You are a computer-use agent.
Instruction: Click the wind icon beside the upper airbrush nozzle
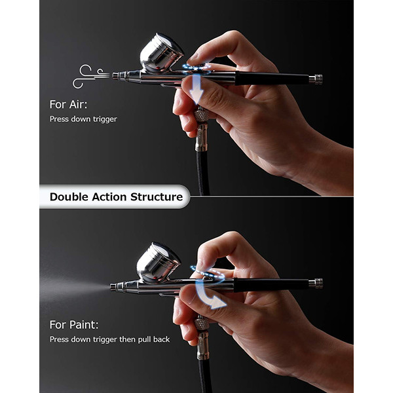pos(91,76)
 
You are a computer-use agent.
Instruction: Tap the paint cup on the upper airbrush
pos(161,53)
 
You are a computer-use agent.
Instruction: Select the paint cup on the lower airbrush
pos(158,262)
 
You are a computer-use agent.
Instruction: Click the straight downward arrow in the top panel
pos(196,89)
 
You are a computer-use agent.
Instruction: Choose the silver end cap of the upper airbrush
pos(316,79)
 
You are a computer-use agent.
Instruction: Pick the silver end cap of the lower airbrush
pos(316,284)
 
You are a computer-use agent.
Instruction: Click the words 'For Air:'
pos(68,105)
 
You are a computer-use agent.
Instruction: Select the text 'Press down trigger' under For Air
pos(83,119)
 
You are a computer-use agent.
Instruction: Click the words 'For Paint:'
pos(74,325)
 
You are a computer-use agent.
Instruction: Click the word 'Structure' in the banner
pos(157,197)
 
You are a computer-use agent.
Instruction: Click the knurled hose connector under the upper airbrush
pos(202,116)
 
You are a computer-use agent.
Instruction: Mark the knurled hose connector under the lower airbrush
pos(202,324)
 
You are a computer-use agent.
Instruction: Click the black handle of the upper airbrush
pos(272,79)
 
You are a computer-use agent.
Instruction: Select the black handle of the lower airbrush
pos(271,285)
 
